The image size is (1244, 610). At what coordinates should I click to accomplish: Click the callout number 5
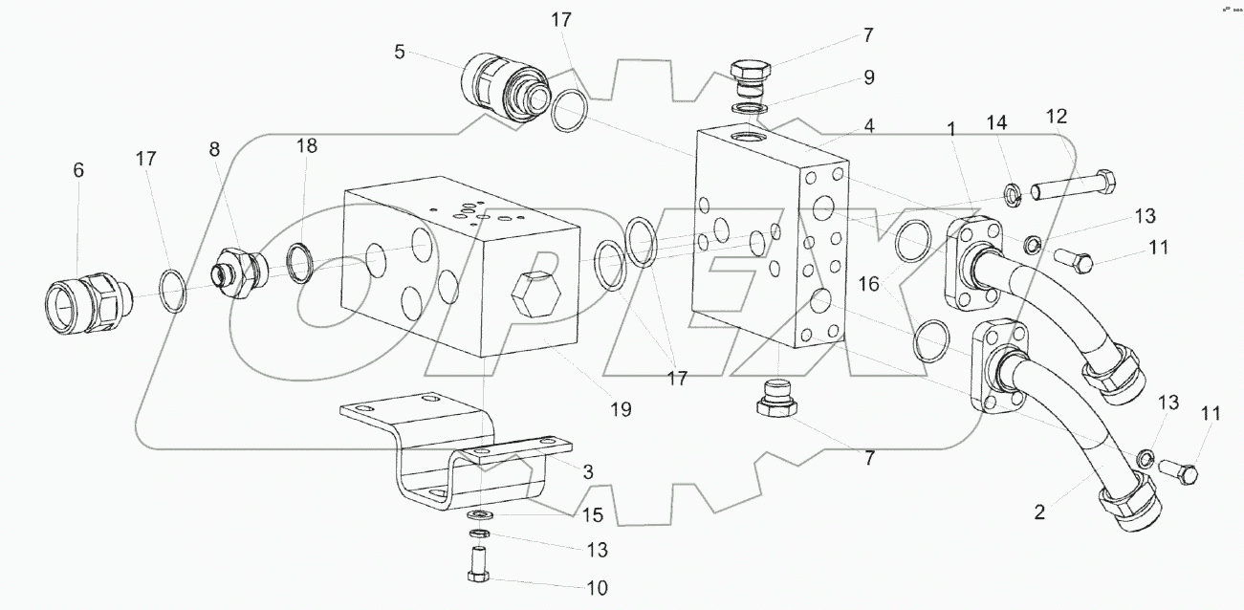(400, 53)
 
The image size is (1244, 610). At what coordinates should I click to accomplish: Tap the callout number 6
(78, 170)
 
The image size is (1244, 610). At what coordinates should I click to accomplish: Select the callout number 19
(621, 410)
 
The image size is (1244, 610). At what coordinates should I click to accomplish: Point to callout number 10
(597, 588)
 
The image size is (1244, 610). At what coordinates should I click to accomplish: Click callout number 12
(1057, 117)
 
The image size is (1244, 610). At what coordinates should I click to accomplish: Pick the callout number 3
(588, 472)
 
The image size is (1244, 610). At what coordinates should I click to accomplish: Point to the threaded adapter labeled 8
(239, 272)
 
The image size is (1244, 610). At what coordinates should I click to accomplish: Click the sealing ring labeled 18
(300, 263)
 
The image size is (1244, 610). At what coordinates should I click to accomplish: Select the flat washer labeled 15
(479, 515)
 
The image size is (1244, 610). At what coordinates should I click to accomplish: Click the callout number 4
(869, 126)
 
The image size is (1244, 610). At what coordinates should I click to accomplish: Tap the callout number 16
(869, 285)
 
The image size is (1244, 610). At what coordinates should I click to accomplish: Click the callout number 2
(1039, 512)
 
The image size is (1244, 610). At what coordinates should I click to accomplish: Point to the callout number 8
(214, 149)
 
